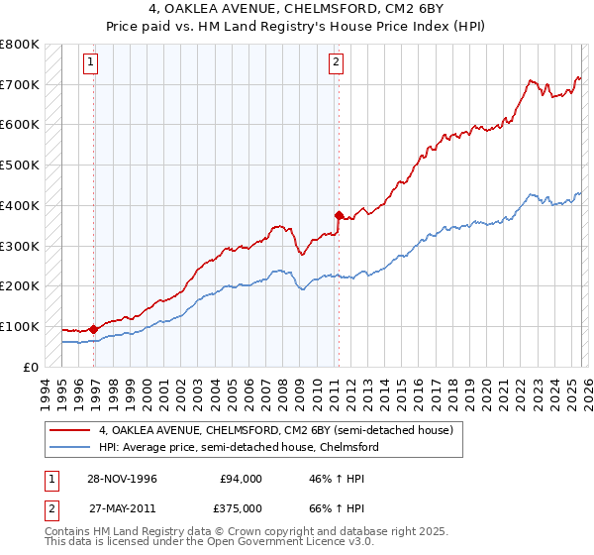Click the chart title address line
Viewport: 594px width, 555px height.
(296, 11)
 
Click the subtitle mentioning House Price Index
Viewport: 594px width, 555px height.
(296, 28)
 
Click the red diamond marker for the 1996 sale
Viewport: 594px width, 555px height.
(94, 329)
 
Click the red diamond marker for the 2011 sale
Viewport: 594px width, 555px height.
(339, 215)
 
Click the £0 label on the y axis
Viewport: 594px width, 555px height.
(32, 367)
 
